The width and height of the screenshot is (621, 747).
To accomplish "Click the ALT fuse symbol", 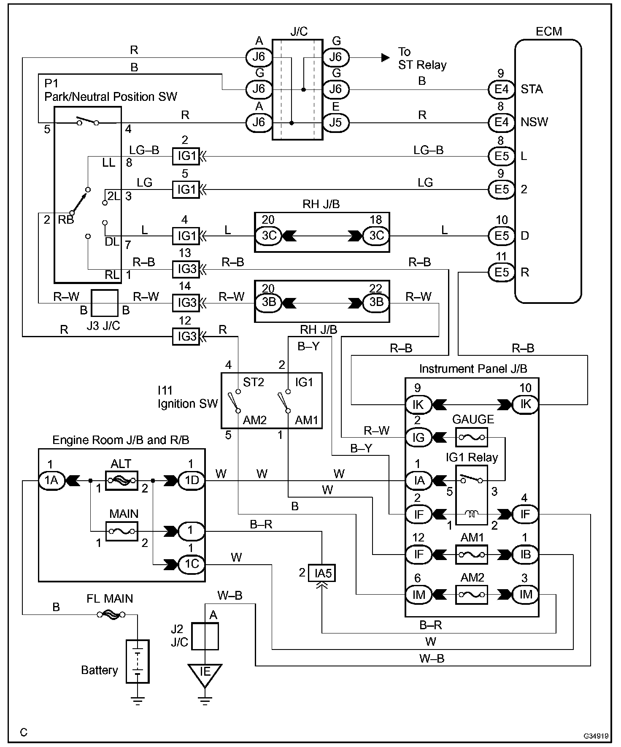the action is coord(121,480).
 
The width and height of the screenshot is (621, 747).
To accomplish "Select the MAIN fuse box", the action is coord(121,530).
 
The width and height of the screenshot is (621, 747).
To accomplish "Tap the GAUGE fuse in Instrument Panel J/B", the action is coord(472,437).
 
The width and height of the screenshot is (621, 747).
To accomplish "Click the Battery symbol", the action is coord(138,661).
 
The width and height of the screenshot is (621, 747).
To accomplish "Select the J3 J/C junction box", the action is coord(105,303).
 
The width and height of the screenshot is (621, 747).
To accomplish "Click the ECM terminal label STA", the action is coord(532,89).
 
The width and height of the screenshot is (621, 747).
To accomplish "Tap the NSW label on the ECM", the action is coord(534,122).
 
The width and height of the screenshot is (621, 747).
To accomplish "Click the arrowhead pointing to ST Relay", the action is coord(386,57).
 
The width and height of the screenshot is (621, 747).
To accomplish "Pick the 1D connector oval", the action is coord(192,480).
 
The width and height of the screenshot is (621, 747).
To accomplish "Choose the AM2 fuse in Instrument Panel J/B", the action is coord(472,595).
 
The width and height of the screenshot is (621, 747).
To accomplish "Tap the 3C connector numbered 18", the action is coord(376,235).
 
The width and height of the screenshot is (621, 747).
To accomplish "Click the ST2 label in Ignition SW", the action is coord(253,382).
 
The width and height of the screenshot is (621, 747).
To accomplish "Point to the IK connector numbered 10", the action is coord(525,404).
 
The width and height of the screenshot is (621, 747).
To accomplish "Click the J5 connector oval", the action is coord(336,123).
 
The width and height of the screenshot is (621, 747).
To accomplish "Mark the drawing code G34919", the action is coord(596,736).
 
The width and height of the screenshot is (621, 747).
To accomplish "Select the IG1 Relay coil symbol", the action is coord(472,514).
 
